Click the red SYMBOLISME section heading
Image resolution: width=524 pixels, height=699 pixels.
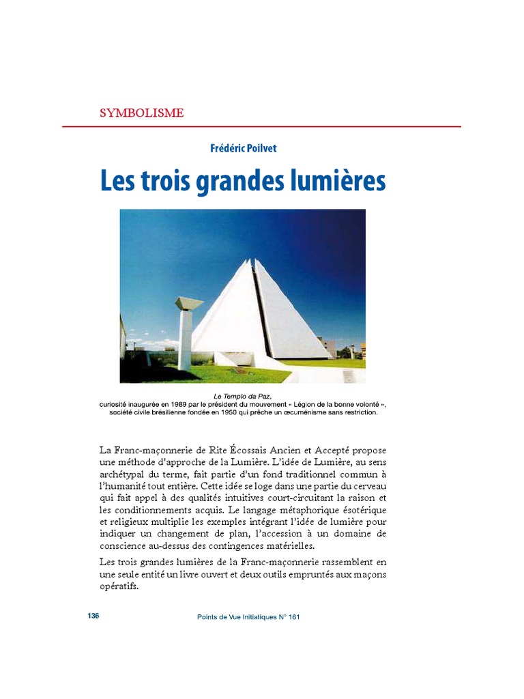141,113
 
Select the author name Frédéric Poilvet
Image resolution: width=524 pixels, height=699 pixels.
244,148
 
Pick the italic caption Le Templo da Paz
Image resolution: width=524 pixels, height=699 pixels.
243,396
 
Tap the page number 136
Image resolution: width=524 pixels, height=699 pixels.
93,616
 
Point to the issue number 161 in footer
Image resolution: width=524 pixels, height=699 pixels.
295,616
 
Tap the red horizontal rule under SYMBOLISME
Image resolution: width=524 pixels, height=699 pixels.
261,127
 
